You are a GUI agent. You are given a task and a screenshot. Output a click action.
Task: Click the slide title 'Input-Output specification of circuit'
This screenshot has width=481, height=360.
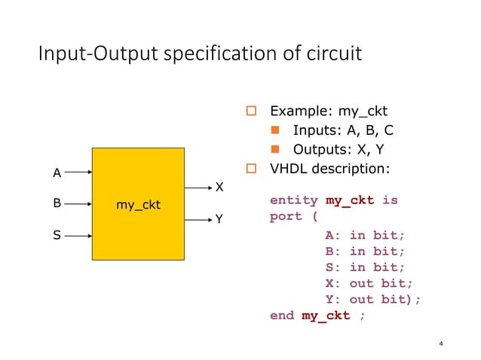tap(200, 55)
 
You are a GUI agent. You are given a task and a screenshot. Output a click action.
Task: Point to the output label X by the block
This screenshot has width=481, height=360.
tap(219, 186)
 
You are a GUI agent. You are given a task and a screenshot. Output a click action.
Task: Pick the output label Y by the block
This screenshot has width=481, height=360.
tap(219, 219)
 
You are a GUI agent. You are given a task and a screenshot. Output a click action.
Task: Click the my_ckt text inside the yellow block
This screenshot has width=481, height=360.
tap(138, 205)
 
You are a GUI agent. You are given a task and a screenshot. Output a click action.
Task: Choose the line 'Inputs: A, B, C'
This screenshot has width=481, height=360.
tap(343, 130)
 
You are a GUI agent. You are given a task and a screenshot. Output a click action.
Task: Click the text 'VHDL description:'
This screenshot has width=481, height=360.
tap(329, 167)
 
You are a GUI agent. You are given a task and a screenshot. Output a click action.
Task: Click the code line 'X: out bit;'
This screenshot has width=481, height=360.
tap(369, 283)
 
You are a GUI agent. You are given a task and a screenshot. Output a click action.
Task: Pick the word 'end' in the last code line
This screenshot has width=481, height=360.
tap(282, 316)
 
